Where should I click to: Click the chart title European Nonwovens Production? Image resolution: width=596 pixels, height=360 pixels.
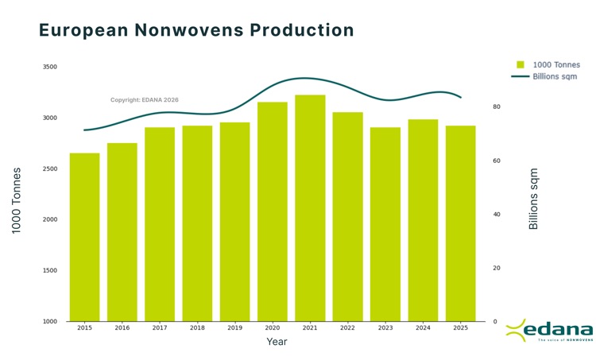click(x=196, y=30)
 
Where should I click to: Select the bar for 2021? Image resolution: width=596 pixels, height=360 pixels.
click(x=310, y=208)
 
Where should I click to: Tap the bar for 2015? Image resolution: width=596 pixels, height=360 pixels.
click(x=84, y=237)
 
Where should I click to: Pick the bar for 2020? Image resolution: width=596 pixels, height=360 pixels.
click(x=273, y=211)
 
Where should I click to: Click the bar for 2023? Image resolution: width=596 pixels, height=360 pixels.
click(x=385, y=224)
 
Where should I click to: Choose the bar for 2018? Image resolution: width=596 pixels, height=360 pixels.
click(x=197, y=223)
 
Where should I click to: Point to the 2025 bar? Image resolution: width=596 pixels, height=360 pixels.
click(x=461, y=223)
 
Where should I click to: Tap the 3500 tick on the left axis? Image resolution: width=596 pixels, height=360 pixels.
click(x=49, y=68)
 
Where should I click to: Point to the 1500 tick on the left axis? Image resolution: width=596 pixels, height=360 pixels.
click(x=49, y=271)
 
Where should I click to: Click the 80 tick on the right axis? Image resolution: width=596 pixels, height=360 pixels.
click(x=496, y=106)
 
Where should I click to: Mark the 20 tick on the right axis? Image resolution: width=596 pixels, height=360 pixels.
click(x=496, y=268)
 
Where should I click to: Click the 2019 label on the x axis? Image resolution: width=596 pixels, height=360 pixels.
click(x=234, y=327)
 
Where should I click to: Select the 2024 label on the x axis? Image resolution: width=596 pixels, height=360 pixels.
click(x=423, y=327)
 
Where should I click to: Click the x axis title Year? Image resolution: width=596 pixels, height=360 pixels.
click(x=277, y=342)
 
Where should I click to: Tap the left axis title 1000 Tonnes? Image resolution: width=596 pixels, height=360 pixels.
click(x=16, y=200)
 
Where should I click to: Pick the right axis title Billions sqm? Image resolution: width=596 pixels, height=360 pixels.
click(x=533, y=199)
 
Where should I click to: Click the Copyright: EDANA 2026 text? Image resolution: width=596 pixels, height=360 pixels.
click(x=145, y=100)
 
